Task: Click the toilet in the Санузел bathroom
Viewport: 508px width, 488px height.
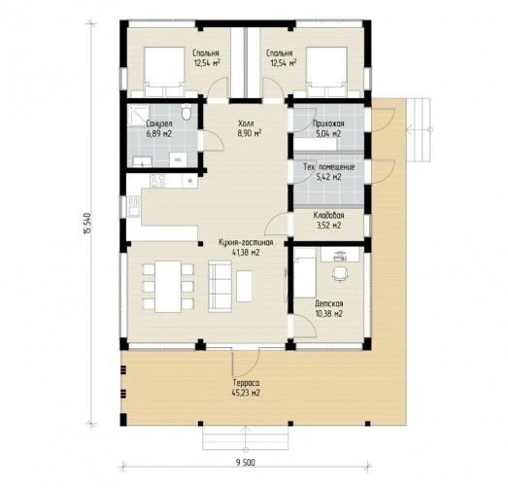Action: click(186, 112)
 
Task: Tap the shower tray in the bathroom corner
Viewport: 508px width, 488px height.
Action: click(138, 115)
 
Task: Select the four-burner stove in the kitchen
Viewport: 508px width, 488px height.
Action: click(157, 181)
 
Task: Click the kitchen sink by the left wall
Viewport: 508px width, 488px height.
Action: click(133, 206)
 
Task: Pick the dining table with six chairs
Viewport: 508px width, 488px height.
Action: click(168, 287)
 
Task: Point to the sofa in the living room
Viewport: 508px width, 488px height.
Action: click(220, 287)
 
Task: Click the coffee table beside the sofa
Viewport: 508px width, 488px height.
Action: click(244, 287)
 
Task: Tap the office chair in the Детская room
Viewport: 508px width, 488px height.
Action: click(340, 274)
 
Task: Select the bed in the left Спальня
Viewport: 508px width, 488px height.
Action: click(164, 72)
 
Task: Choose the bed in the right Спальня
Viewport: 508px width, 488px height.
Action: click(326, 72)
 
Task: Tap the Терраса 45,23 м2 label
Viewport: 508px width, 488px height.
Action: click(246, 388)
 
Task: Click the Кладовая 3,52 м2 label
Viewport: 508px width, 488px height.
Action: click(329, 220)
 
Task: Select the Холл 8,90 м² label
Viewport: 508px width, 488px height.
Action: click(250, 128)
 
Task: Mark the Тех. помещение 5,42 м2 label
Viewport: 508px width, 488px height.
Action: click(329, 172)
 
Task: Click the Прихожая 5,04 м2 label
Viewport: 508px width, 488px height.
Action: click(328, 128)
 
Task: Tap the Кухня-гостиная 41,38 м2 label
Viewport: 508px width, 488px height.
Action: click(246, 248)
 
